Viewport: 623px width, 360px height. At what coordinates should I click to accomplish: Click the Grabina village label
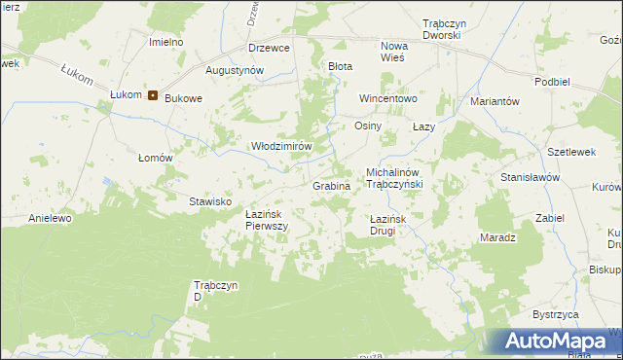point(331,185)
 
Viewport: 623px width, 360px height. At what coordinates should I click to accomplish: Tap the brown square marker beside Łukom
point(153,94)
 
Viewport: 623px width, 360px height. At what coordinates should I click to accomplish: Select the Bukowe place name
point(183,98)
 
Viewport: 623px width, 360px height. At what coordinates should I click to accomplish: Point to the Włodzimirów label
point(281,145)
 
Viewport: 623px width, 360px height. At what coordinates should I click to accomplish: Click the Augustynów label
point(235,71)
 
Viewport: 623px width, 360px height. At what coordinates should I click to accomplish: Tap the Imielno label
point(166,43)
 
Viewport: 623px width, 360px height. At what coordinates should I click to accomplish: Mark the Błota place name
point(340,66)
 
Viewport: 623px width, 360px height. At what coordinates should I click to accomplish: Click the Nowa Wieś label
point(394,52)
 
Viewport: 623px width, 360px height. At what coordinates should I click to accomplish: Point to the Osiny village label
point(367,126)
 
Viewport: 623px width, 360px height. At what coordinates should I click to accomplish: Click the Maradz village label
point(497,237)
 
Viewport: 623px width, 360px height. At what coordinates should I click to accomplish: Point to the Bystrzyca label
point(556,315)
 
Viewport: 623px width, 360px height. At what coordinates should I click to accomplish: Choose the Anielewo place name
point(51,218)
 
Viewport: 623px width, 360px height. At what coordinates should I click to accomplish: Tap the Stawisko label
point(209,201)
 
